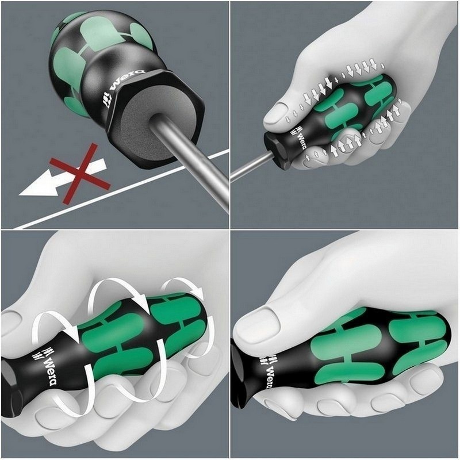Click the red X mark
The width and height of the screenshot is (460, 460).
tap(79, 174)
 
